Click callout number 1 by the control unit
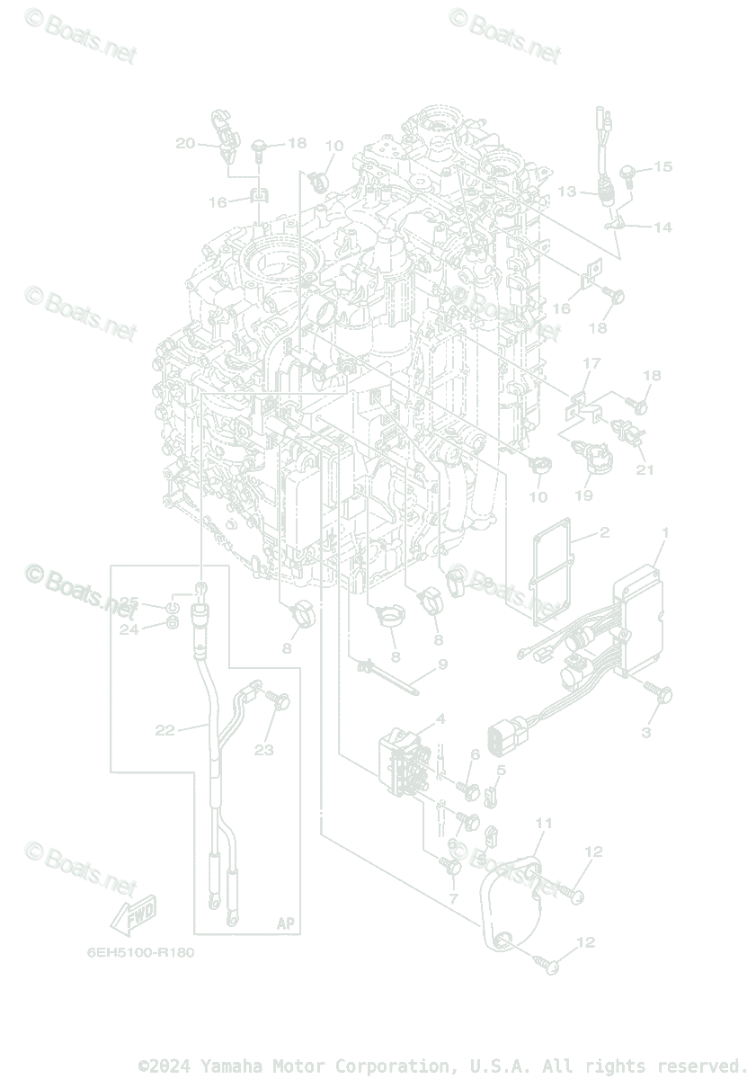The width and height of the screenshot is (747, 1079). coord(665,533)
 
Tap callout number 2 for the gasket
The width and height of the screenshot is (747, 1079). coord(604,533)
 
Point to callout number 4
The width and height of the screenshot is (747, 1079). coord(440,718)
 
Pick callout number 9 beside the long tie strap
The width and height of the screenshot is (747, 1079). coord(441,665)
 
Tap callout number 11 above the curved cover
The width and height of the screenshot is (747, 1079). coord(543,823)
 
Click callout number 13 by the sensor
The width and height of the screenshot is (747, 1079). coord(566,192)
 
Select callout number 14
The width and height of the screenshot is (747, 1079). coord(663,227)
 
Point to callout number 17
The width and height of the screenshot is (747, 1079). coord(591,363)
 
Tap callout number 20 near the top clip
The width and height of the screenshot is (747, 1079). coord(185,143)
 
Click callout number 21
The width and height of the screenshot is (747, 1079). coord(645,468)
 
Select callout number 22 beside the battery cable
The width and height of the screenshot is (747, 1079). coord(165,730)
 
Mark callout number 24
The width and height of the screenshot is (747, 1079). coord(129,629)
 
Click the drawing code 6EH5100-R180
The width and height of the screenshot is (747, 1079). coord(140,953)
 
